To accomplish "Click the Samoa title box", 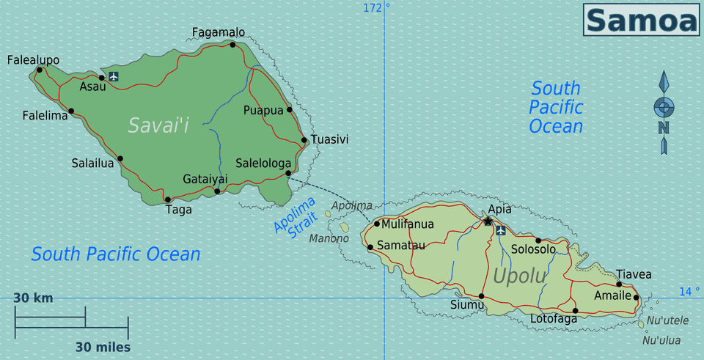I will click(x=641, y=20).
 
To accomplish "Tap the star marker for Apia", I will click(x=488, y=221).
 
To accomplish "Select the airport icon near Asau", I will click(x=113, y=76).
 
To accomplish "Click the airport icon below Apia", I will click(x=501, y=231).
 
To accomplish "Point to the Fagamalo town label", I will click(x=219, y=32).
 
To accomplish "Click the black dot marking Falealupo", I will click(x=39, y=70).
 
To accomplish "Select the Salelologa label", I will click(x=263, y=163).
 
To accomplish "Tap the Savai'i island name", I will click(x=158, y=125).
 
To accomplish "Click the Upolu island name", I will click(x=519, y=276).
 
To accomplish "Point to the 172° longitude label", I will click(x=376, y=8).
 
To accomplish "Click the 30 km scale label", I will click(x=33, y=298).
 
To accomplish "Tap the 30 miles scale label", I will click(x=102, y=346).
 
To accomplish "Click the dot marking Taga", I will click(x=167, y=199).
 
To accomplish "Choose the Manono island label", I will click(x=329, y=238).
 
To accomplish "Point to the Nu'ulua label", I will click(x=661, y=340).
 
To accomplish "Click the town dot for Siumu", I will click(x=481, y=296).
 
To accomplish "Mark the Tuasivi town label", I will click(x=329, y=139).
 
